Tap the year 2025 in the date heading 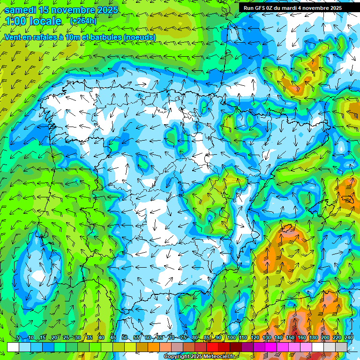[x=105, y=10]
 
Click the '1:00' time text [x=16, y=21]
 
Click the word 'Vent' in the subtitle [x=13, y=37]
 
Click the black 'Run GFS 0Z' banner [x=292, y=7]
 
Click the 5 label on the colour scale [x=18, y=338]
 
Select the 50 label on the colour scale [x=125, y=338]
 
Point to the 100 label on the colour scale [x=231, y=338]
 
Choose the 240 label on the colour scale [x=349, y=338]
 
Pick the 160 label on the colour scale [x=302, y=338]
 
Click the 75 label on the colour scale [x=183, y=338]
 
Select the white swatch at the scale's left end [x=13, y=347]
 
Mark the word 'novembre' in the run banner [x=316, y=7]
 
